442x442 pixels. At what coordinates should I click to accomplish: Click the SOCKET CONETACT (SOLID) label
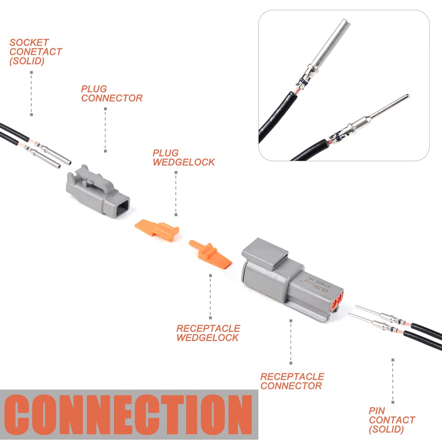35,52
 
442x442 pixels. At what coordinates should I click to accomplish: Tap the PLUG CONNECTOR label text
111,94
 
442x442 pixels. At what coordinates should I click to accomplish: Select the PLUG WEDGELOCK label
183,158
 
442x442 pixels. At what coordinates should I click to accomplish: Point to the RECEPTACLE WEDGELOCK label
208,333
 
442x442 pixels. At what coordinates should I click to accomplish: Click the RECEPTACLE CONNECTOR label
292,381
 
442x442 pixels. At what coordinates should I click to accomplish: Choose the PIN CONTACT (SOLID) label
392,420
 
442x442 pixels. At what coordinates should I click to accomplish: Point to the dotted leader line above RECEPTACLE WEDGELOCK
210,296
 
